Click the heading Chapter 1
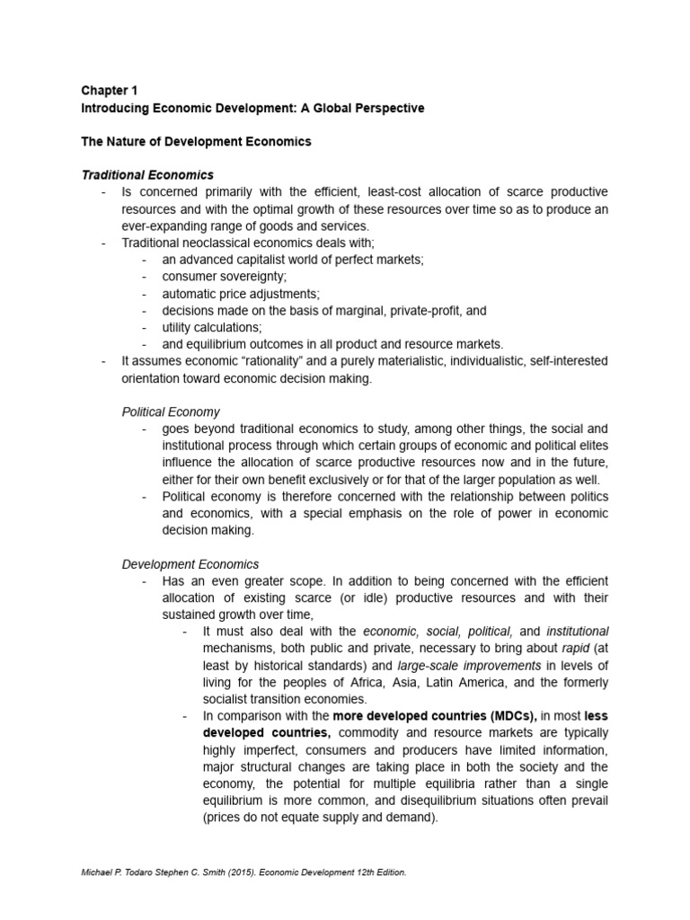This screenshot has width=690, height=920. (x=110, y=91)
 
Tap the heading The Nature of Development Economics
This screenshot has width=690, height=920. (x=196, y=141)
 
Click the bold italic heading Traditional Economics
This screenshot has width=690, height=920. (x=147, y=174)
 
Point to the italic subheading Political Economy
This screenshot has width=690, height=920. (x=171, y=411)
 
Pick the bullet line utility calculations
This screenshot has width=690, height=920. (x=212, y=327)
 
